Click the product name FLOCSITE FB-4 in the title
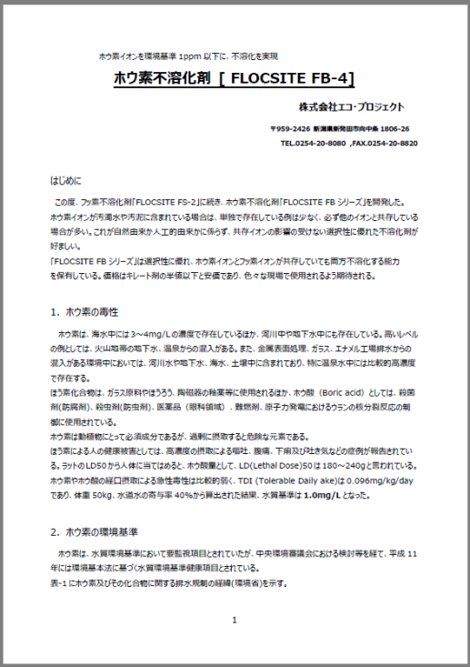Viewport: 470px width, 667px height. click(x=292, y=78)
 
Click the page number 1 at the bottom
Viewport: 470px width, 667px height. click(x=234, y=621)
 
